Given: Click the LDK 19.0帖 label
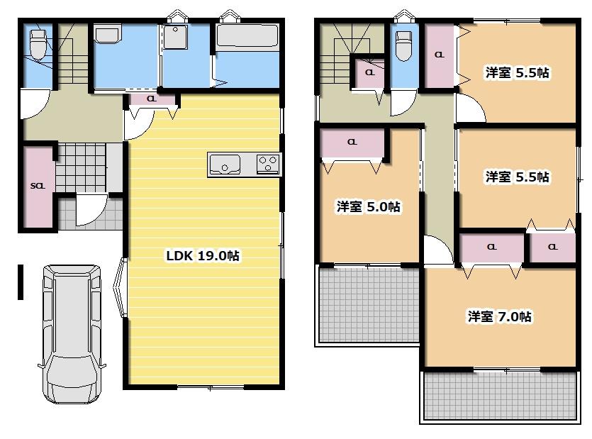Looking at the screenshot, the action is (203, 256).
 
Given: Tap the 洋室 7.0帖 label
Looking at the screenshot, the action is (500, 316).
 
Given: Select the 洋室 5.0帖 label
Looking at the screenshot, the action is (368, 206).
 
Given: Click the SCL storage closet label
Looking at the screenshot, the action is (38, 186).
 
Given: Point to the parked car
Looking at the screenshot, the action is (72, 334).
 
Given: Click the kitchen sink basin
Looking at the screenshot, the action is (225, 165).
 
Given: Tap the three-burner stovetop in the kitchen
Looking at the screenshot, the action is (268, 164).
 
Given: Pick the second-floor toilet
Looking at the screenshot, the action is (403, 45).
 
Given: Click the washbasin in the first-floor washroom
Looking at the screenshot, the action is (107, 34).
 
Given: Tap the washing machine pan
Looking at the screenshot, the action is (175, 37).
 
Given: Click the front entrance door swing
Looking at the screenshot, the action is (90, 209).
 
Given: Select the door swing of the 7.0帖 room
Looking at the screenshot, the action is (438, 250).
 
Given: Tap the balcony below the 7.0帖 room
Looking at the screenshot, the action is (501, 396).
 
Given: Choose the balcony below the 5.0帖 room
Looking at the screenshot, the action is (368, 305).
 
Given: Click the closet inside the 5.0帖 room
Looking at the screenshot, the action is (352, 143).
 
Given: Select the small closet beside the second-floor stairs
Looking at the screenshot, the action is (369, 72).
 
